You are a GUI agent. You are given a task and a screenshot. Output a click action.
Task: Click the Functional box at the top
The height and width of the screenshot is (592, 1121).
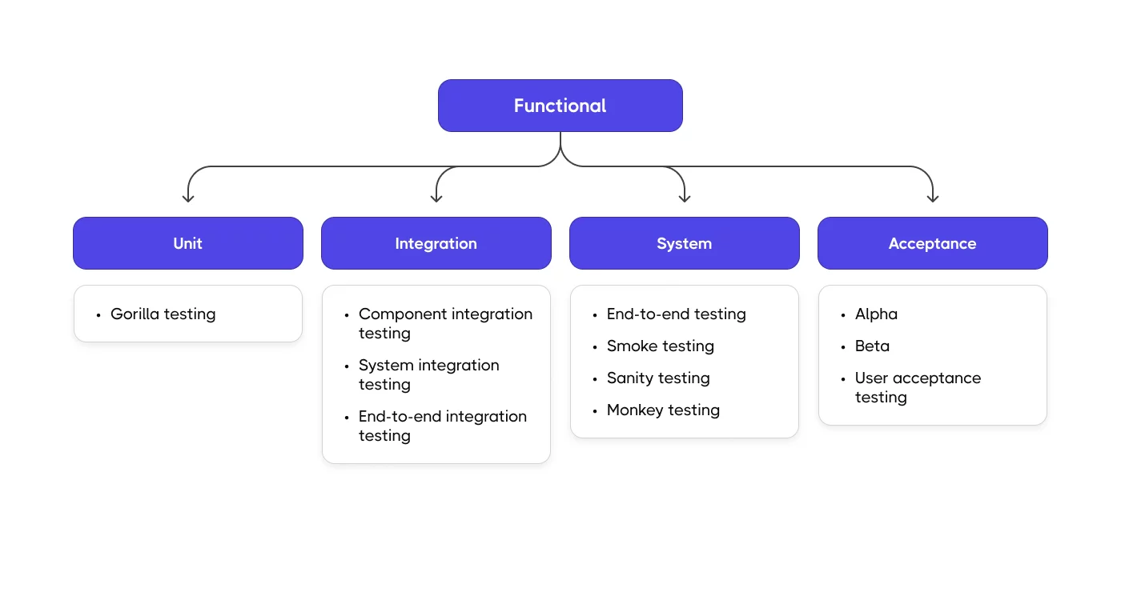(x=560, y=106)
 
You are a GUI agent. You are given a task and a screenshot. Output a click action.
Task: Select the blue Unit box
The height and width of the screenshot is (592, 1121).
(x=188, y=243)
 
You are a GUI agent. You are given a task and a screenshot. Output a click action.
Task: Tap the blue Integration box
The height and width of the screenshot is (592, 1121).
(x=436, y=243)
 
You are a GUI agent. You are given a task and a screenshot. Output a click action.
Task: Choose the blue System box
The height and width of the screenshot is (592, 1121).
(x=685, y=243)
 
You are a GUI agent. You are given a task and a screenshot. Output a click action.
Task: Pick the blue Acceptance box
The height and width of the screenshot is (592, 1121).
(x=933, y=243)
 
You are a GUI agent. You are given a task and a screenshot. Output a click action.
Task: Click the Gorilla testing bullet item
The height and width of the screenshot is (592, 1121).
(x=163, y=314)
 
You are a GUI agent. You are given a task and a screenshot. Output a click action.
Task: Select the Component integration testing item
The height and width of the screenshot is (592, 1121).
(x=444, y=324)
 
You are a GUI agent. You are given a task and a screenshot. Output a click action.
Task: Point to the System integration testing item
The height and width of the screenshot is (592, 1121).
(x=428, y=375)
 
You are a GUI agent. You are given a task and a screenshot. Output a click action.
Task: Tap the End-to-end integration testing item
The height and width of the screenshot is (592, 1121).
(x=442, y=426)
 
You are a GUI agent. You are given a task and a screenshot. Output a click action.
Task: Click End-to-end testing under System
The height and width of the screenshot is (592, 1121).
(x=676, y=314)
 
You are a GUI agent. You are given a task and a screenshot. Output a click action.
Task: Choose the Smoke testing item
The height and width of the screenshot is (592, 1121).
(x=660, y=346)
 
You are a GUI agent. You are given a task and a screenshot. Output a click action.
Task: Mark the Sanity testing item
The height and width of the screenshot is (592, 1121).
(x=658, y=378)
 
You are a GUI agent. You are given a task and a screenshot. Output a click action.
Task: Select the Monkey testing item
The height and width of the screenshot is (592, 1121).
(x=663, y=410)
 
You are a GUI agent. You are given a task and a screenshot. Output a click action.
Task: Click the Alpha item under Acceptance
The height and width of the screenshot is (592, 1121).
(x=876, y=314)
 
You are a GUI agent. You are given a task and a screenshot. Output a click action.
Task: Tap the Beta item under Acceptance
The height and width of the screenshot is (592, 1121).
(x=872, y=346)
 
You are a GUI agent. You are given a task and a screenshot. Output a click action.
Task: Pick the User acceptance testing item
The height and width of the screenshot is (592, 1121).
(x=917, y=388)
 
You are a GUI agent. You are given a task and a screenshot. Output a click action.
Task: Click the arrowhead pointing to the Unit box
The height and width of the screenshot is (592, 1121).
(x=188, y=197)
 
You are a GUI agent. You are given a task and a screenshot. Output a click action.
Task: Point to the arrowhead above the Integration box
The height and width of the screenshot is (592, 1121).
(x=436, y=197)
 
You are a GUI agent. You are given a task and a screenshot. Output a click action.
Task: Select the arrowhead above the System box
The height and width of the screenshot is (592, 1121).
(x=685, y=197)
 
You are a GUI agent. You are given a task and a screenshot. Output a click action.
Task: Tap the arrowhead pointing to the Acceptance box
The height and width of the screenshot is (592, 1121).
(x=933, y=197)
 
